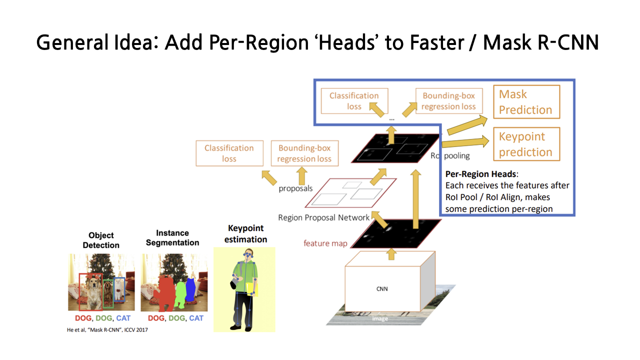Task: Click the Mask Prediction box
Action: click(x=526, y=102)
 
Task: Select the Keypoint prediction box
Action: click(x=526, y=144)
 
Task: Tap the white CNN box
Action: click(x=382, y=288)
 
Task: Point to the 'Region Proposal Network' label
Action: click(x=323, y=217)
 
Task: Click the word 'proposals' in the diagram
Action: click(x=295, y=188)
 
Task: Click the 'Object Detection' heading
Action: click(x=101, y=240)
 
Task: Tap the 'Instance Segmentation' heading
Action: click(x=172, y=237)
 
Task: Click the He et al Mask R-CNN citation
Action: click(x=107, y=329)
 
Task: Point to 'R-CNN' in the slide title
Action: click(x=570, y=43)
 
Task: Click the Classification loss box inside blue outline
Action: click(x=354, y=101)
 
